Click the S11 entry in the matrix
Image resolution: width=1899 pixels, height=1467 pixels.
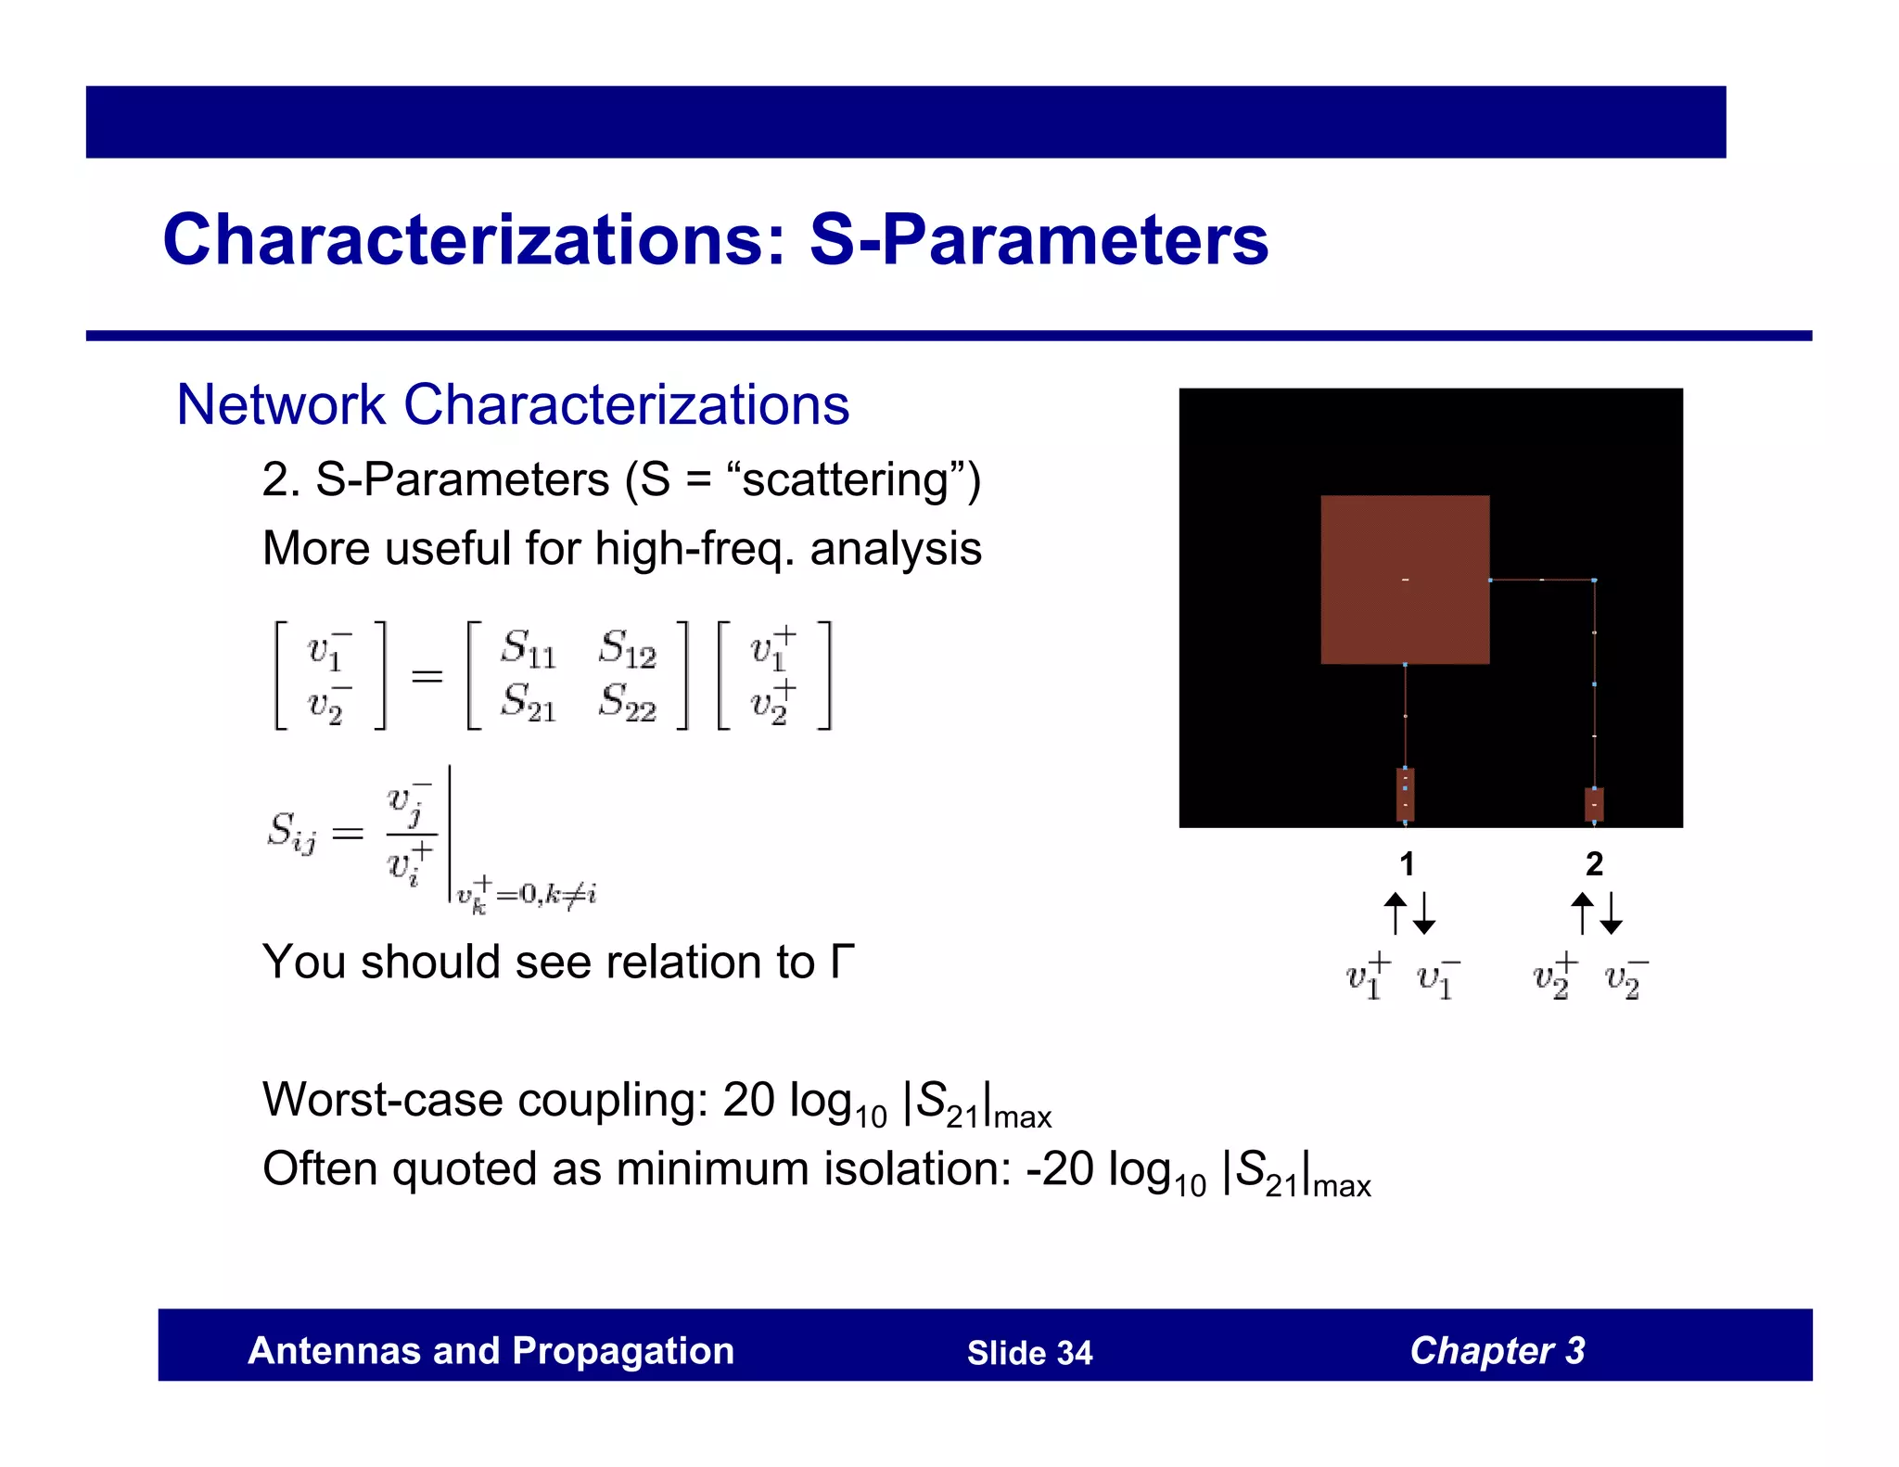[x=528, y=648]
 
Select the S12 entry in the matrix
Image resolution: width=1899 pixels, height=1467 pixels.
[x=627, y=648]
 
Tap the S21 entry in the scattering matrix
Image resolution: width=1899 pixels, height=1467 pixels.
[x=528, y=702]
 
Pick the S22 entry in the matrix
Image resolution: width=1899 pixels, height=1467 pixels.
[x=627, y=702]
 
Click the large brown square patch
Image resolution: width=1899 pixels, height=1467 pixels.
[x=1404, y=580]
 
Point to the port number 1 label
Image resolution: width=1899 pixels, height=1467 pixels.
[x=1407, y=864]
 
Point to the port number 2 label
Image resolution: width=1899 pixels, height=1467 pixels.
[x=1594, y=864]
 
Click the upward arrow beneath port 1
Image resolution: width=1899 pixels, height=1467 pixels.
[x=1396, y=913]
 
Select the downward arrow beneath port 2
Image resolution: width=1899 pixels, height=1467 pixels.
[x=1612, y=913]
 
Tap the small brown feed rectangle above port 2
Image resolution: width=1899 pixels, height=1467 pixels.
[x=1594, y=804]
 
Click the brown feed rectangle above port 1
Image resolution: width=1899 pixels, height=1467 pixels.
[x=1405, y=794]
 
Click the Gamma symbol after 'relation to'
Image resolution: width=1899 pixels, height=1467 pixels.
[x=842, y=961]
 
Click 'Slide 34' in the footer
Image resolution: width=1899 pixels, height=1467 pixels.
[x=1029, y=1353]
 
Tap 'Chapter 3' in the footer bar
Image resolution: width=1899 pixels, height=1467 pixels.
[x=1497, y=1351]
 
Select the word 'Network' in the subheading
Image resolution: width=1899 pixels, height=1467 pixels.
[x=280, y=405]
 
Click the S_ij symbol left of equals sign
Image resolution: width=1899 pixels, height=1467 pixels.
[x=291, y=831]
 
